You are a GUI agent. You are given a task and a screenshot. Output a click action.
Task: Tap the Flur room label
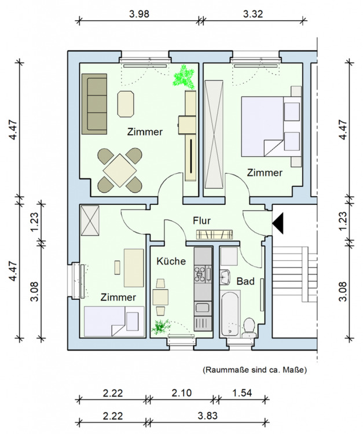coord(201,220)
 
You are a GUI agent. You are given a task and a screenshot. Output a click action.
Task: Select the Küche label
coord(171,261)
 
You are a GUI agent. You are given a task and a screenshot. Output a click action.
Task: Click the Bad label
coord(245,281)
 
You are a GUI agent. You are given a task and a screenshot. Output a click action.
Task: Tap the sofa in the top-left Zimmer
coord(95,102)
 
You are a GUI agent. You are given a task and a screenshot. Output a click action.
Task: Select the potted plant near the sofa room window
coord(185,76)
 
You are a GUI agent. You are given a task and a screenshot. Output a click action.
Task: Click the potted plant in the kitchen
coord(159,328)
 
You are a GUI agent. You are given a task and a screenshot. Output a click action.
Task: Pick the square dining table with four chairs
coord(119,170)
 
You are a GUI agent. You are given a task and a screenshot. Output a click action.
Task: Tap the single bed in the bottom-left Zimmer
coord(114,321)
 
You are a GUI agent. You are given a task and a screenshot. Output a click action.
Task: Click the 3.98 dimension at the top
coord(140,14)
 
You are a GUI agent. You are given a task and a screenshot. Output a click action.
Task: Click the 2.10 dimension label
coord(181,392)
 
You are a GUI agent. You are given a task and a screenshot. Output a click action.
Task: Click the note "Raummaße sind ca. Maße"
coord(254,369)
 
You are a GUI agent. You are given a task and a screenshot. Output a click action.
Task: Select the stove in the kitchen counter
coord(203,273)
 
